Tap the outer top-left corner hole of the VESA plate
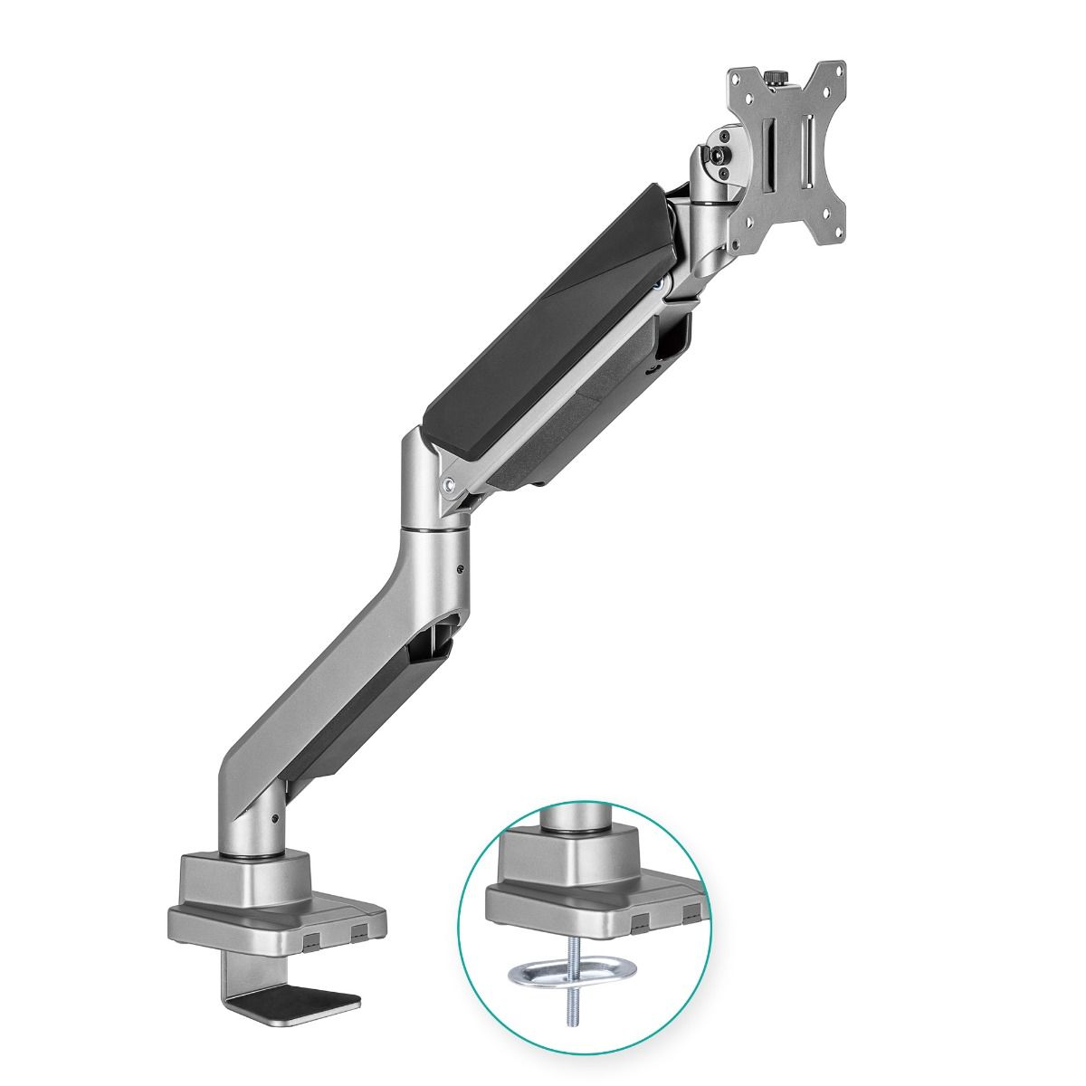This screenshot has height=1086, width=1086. pos(734,78)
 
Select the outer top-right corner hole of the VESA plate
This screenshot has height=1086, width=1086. pos(838,70)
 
